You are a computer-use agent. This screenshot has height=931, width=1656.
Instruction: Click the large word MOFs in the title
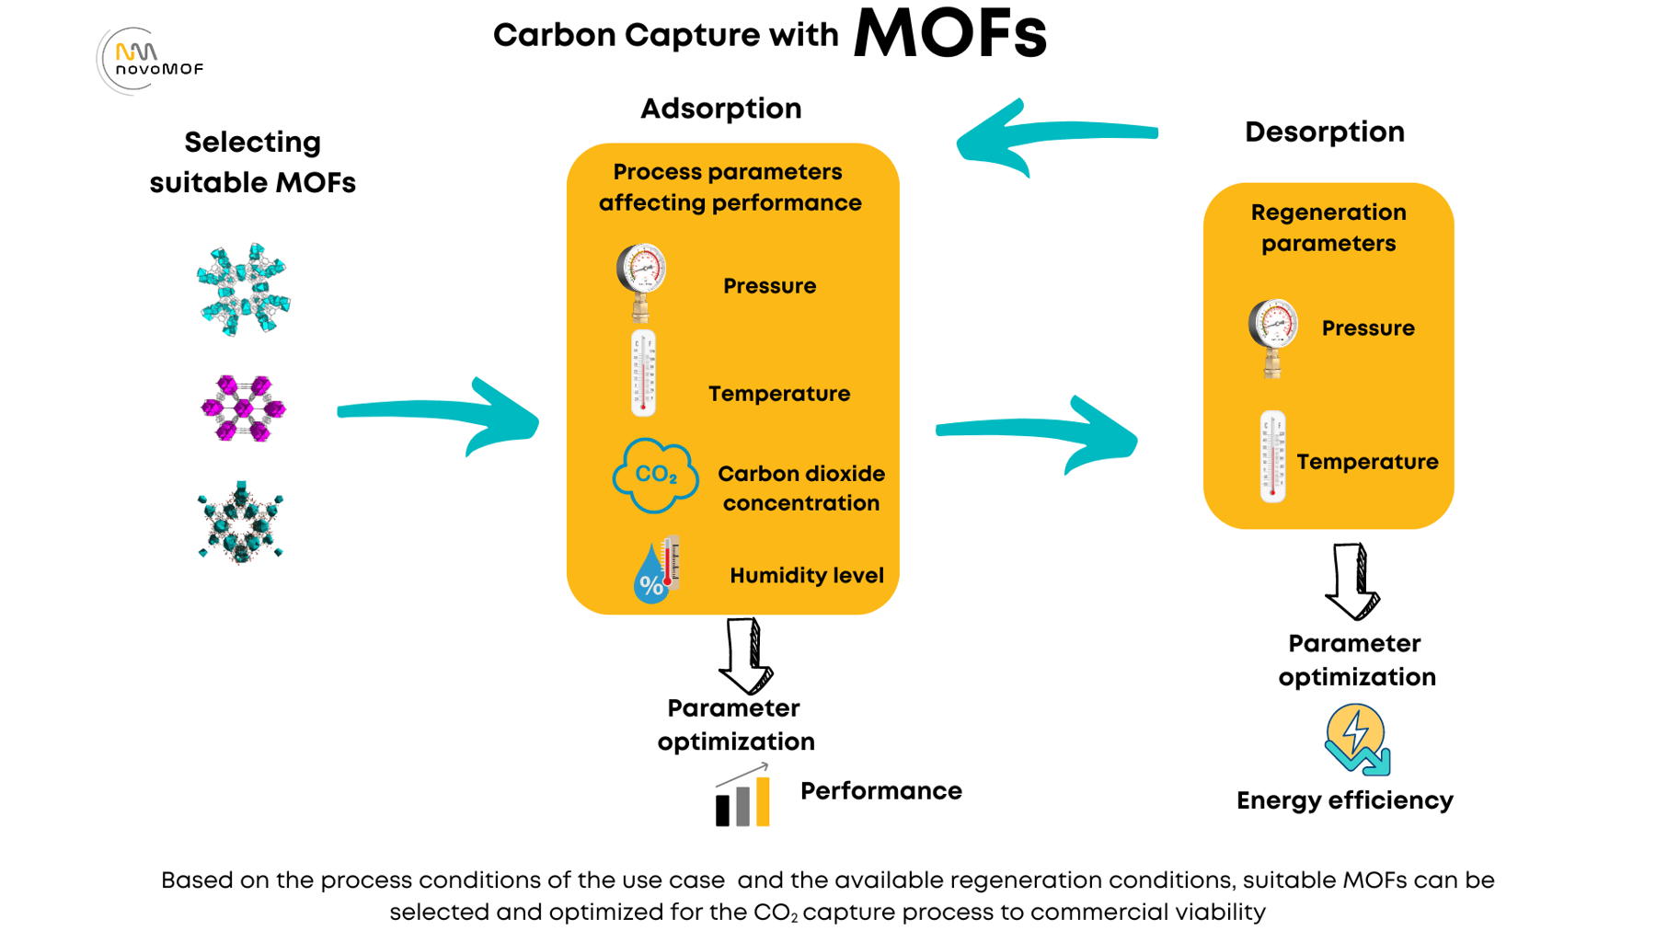click(949, 35)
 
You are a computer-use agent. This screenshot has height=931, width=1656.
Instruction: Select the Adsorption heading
click(720, 109)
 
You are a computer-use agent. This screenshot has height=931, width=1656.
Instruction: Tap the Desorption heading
click(1324, 132)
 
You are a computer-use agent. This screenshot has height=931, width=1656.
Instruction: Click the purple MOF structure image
click(243, 408)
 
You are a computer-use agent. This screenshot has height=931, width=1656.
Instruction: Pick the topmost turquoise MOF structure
click(243, 289)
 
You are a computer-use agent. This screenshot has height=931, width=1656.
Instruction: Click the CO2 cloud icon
click(654, 476)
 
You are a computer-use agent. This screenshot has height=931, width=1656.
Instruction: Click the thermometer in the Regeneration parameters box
click(1272, 456)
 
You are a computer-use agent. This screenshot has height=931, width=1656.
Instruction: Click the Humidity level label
click(806, 576)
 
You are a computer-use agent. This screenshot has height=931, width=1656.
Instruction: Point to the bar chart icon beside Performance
click(742, 798)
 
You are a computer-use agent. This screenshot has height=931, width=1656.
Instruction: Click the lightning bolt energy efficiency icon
click(1356, 739)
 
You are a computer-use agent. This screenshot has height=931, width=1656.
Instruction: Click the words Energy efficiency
click(1344, 800)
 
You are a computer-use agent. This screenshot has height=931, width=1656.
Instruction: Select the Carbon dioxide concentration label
click(800, 488)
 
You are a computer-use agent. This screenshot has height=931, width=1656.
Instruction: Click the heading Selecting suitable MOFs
click(252, 162)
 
